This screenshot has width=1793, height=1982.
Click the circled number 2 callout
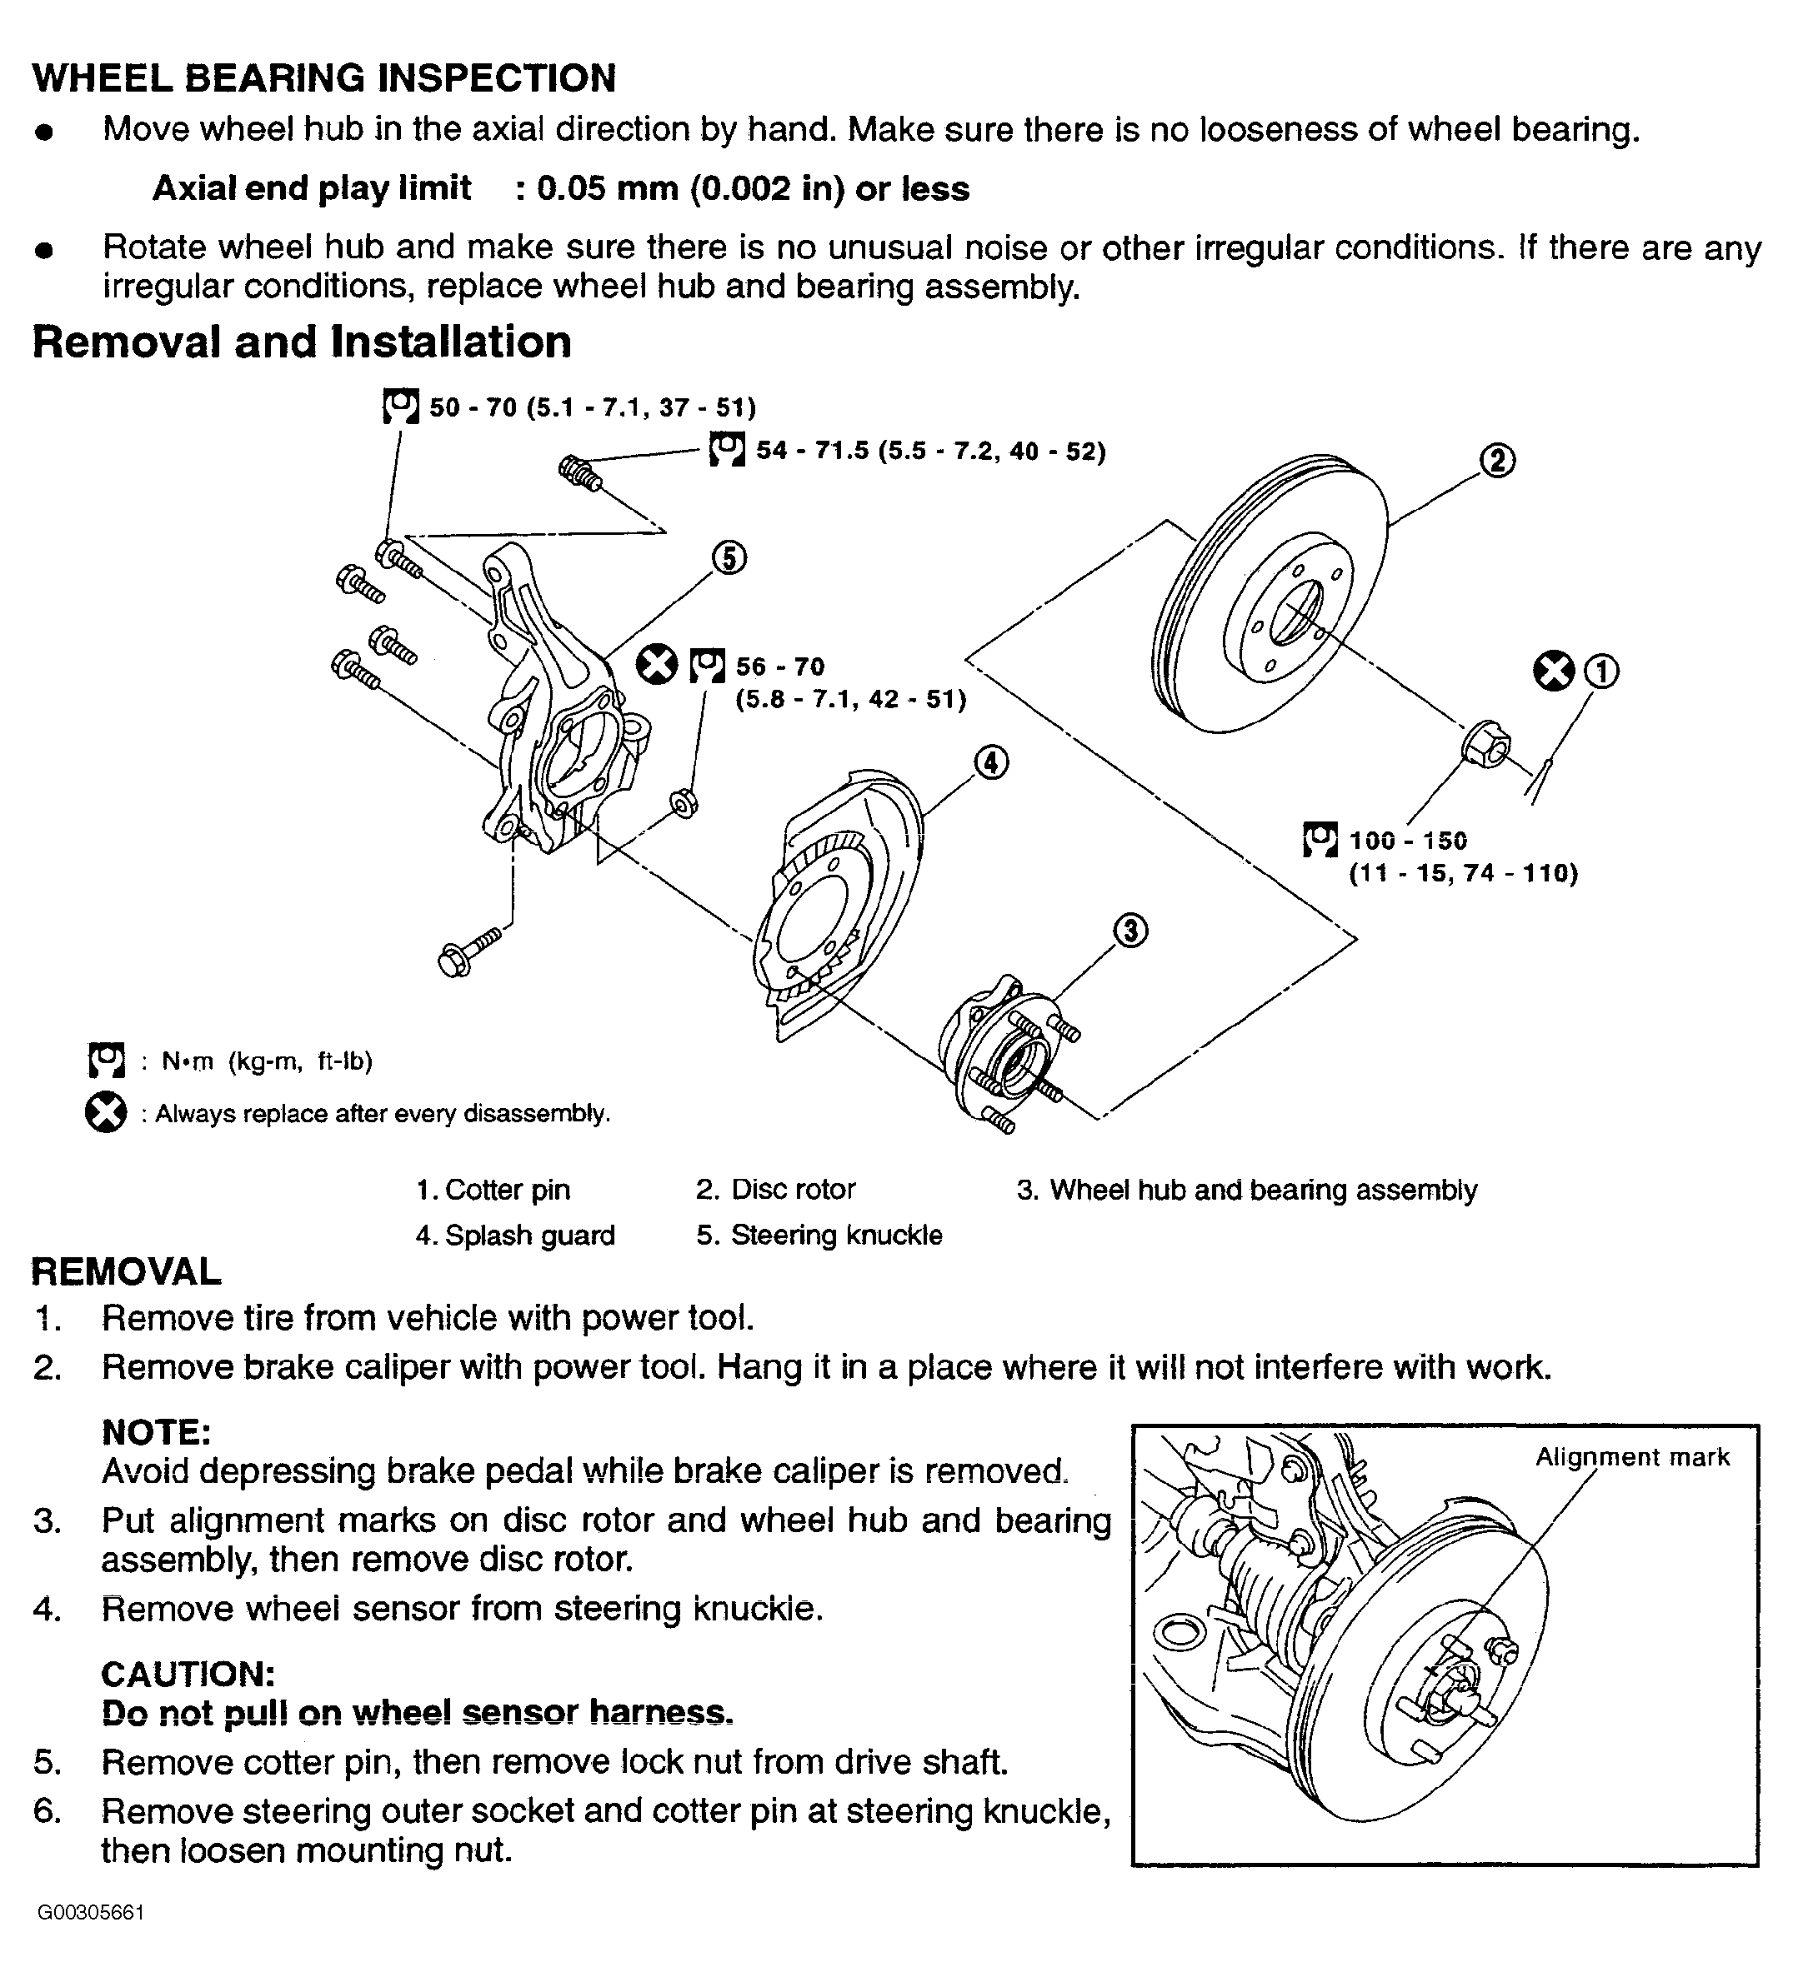point(1497,459)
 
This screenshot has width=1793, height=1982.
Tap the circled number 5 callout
point(728,558)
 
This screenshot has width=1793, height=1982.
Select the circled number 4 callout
point(990,762)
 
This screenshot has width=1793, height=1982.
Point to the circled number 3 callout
point(1130,930)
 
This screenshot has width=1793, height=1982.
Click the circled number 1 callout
point(1602,671)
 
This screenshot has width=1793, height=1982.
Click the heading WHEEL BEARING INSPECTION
point(324,77)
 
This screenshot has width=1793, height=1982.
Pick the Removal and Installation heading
point(302,342)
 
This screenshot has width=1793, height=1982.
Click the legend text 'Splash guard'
point(530,1235)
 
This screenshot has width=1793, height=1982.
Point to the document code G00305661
point(91,1940)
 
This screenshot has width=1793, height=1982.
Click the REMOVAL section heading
point(127,1271)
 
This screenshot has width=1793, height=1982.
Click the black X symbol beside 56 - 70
point(657,665)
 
